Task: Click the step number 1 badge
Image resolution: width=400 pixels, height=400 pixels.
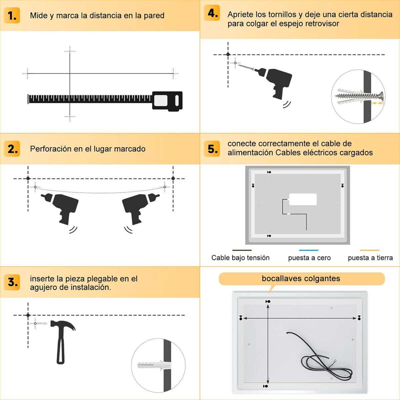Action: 12,15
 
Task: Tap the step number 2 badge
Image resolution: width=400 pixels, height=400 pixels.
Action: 12,149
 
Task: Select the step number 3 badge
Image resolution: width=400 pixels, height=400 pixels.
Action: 12,282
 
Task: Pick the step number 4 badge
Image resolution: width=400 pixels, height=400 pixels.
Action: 212,13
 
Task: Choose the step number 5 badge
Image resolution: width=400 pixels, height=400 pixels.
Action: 212,149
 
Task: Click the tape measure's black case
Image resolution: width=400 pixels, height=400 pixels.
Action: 167,101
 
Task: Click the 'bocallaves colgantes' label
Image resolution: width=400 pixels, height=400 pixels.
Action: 301,279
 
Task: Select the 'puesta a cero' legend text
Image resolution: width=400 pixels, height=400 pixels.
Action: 309,258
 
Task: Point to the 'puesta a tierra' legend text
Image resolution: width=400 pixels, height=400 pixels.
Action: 370,258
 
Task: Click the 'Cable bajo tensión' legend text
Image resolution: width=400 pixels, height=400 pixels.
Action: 240,258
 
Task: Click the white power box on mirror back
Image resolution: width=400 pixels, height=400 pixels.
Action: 303,199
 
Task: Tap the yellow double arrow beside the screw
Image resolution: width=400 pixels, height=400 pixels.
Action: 377,103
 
